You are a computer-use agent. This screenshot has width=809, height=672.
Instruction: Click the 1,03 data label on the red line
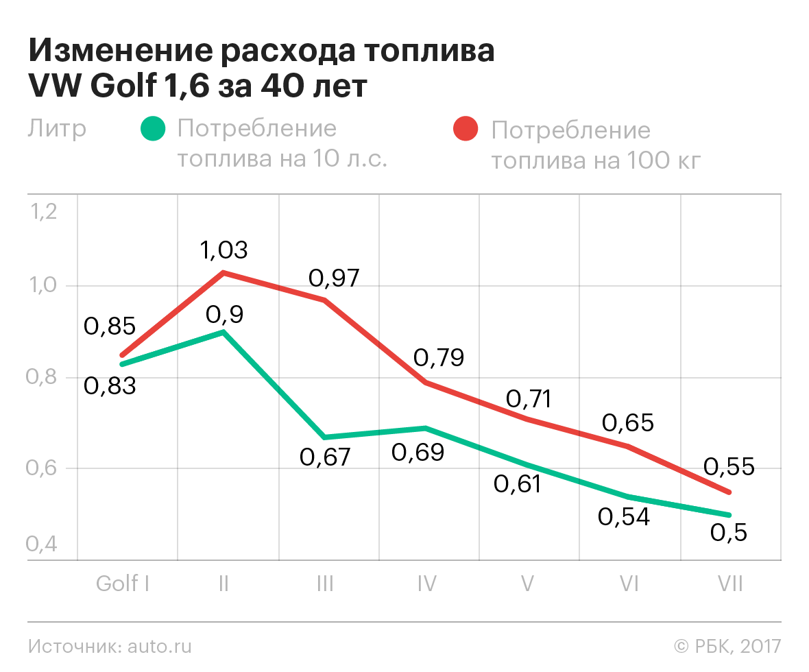point(224,250)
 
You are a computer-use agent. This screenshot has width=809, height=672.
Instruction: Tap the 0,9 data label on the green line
point(224,314)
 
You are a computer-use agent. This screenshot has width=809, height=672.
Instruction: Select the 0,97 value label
point(334,278)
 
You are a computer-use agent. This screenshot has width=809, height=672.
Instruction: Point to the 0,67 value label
point(325,457)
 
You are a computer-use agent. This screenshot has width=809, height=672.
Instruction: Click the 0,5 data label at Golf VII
point(728,532)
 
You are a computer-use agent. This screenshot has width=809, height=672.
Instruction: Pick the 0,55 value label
point(728,467)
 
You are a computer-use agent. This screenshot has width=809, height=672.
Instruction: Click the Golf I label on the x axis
point(123,584)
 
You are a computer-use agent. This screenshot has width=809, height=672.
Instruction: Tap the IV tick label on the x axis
point(426,584)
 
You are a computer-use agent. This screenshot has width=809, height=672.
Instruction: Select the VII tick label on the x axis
point(730,584)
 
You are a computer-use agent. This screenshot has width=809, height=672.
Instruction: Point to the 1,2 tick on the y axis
point(40,213)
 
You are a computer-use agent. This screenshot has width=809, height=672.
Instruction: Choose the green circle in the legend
point(152,129)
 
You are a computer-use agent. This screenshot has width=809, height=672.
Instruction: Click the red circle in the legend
point(466,129)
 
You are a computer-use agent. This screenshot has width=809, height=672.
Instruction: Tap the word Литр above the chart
point(57,129)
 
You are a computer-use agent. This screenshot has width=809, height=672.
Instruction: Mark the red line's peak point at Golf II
point(224,272)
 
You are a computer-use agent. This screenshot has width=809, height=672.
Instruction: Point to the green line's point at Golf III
point(325,437)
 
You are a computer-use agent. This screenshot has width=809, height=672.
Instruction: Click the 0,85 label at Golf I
point(110,326)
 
